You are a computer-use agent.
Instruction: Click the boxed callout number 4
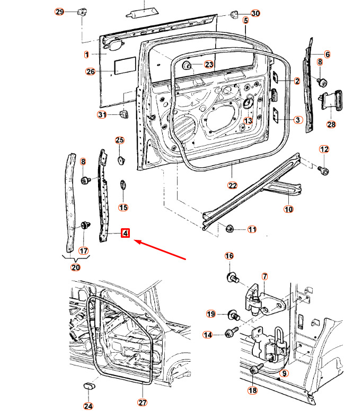click(126, 232)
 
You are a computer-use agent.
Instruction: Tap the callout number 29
click(59, 12)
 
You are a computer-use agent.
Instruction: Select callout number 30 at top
click(255, 13)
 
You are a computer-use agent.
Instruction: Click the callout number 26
click(90, 71)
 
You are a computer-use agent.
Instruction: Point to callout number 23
click(209, 65)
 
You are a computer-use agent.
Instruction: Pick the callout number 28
click(331, 125)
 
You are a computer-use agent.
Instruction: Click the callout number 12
click(324, 149)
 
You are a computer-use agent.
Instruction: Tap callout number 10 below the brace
click(288, 209)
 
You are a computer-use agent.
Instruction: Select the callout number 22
click(233, 185)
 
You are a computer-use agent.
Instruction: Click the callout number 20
click(75, 267)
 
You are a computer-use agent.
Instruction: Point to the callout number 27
click(142, 402)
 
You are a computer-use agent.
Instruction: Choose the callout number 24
click(87, 406)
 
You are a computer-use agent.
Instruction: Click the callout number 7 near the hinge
click(264, 276)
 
